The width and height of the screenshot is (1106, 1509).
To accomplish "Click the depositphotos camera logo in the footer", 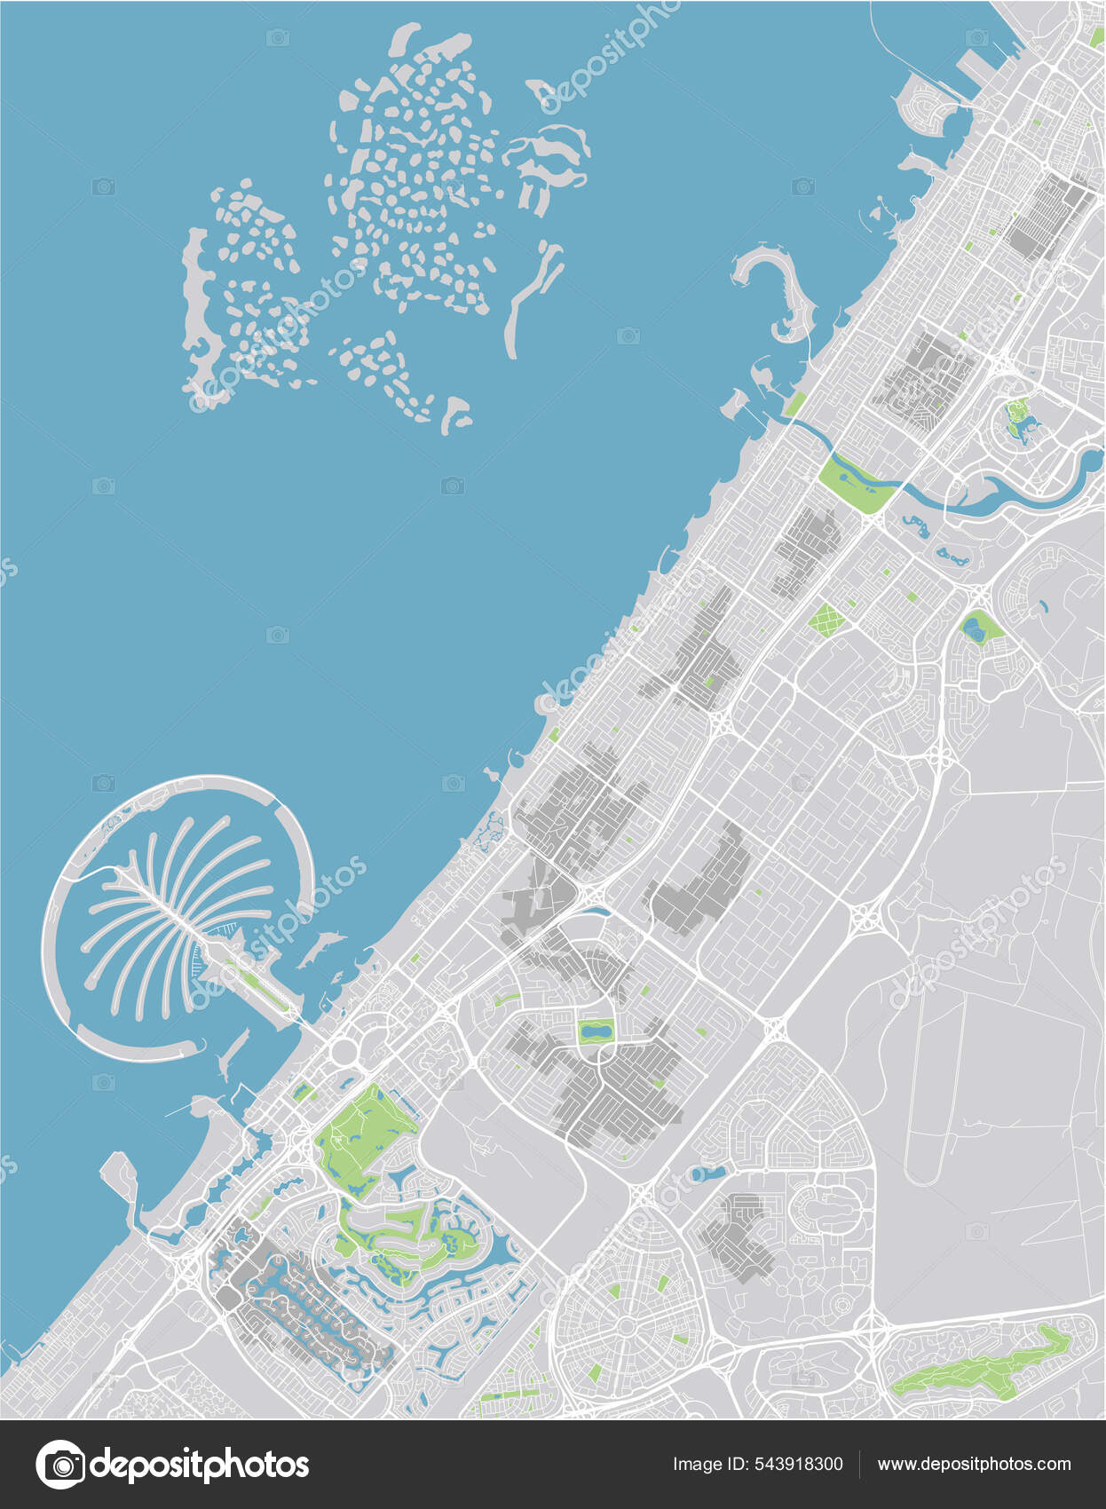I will (x=60, y=1464).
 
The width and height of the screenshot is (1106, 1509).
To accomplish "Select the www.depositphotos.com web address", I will (x=974, y=1464).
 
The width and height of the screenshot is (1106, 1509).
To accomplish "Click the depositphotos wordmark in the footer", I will (x=200, y=1464).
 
